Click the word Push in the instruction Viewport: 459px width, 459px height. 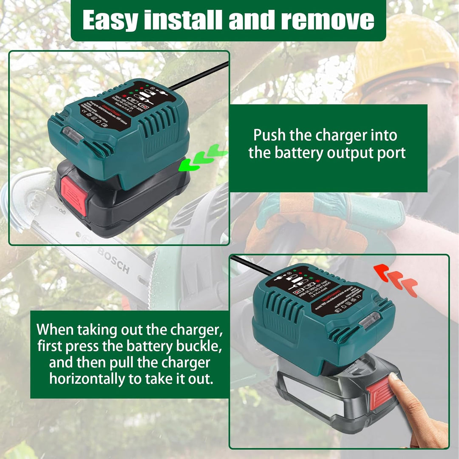[x=270, y=135]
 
